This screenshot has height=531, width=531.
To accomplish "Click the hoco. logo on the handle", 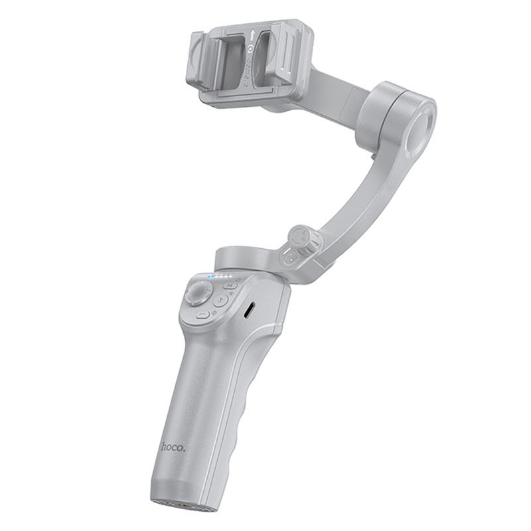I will pyautogui.click(x=174, y=446).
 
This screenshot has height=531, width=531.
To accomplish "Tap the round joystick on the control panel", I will pyautogui.click(x=198, y=291).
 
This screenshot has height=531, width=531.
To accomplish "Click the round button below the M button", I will pyautogui.click(x=221, y=300).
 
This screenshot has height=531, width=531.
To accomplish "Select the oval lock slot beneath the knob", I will pyautogui.click(x=293, y=256).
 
